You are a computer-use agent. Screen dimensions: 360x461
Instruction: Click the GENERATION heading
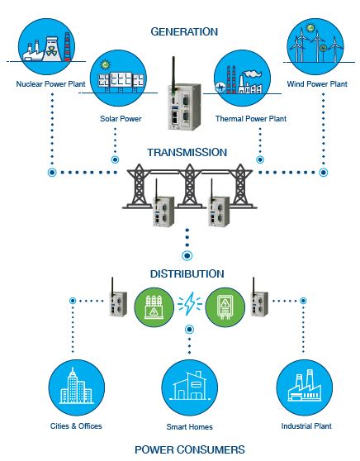(184, 31)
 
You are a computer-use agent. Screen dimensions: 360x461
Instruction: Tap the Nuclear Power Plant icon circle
(46, 47)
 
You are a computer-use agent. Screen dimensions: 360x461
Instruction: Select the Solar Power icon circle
(118, 78)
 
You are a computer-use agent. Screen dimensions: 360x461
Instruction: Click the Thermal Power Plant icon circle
(242, 78)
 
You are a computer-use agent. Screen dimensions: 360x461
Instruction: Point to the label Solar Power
(121, 119)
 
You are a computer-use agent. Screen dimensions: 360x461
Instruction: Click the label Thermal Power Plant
(251, 119)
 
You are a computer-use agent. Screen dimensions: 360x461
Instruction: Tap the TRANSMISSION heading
(187, 153)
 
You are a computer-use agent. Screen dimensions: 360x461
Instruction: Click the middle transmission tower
(190, 186)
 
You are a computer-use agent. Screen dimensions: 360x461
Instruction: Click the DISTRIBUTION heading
(187, 274)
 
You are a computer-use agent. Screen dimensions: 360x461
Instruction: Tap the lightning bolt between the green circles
(190, 304)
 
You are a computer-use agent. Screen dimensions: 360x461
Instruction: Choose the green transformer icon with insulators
(154, 307)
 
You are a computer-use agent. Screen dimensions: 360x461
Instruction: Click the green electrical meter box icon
(225, 307)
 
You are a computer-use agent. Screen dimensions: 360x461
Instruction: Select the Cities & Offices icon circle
(77, 387)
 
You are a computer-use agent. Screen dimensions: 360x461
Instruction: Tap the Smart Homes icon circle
(190, 387)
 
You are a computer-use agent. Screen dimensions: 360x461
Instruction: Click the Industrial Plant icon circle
(305, 387)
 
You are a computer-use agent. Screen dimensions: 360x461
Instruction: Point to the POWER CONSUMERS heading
(190, 449)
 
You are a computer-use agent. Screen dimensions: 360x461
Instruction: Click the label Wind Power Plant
(317, 84)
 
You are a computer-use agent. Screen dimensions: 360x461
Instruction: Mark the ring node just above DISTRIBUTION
(187, 255)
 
